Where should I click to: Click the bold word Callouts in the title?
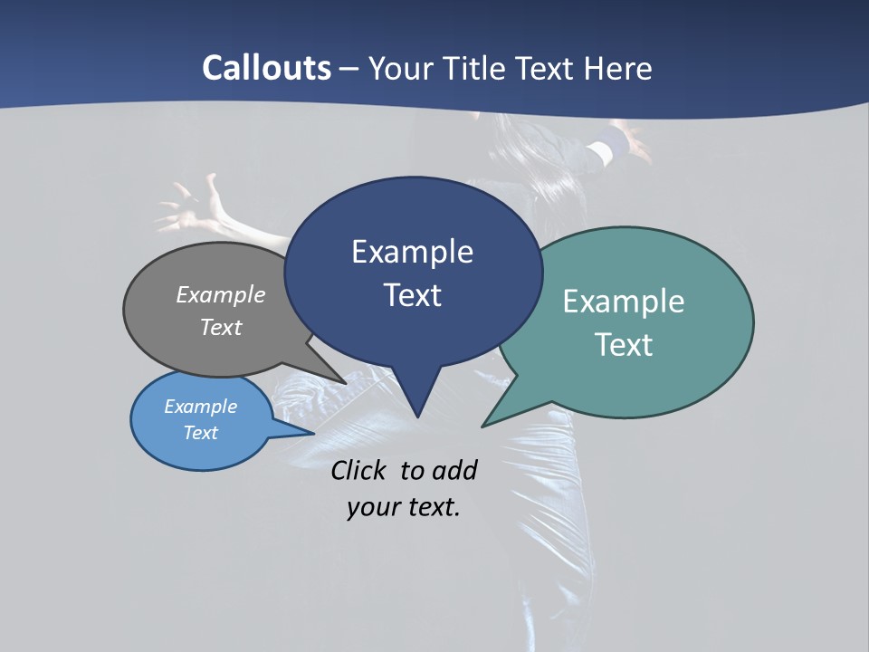[267, 68]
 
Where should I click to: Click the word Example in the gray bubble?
[221, 294]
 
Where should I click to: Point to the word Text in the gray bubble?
[221, 327]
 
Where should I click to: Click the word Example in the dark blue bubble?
[412, 252]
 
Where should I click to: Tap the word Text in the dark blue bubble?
[412, 295]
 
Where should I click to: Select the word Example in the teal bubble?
[624, 302]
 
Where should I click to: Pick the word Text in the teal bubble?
[624, 345]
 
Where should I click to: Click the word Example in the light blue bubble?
[201, 407]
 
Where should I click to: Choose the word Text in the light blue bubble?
[201, 433]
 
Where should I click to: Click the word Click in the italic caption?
[361, 470]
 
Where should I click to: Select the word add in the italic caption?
[454, 470]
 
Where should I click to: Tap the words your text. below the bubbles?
[404, 507]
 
